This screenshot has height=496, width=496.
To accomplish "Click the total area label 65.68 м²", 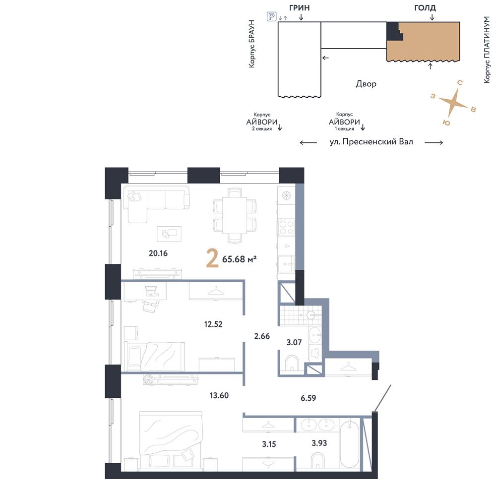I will coord(240,259).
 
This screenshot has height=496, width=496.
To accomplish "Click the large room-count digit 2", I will coord(212,258).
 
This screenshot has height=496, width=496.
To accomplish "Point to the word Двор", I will coord(366,84).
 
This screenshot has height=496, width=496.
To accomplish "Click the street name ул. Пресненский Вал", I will coord(371,142).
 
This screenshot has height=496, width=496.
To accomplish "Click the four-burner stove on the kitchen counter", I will coord(286,228).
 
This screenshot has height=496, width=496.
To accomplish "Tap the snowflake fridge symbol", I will coord(286,194).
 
